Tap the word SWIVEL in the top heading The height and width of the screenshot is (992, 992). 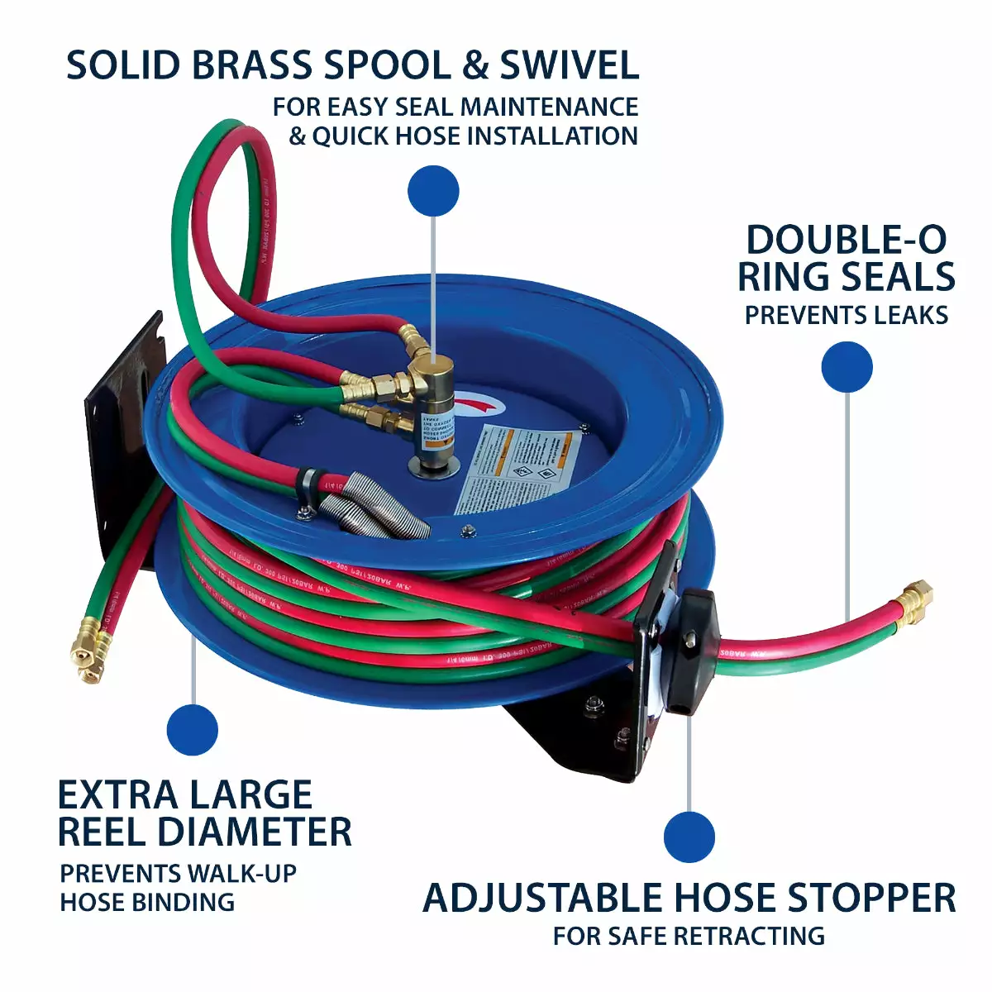click(x=570, y=65)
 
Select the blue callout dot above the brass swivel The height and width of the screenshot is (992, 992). click(x=433, y=191)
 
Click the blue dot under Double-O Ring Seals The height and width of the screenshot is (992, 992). click(x=847, y=367)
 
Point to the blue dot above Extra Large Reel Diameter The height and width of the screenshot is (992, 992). click(x=192, y=730)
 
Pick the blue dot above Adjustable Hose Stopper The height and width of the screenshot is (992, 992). click(x=689, y=837)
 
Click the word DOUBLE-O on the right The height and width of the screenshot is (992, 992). click(x=846, y=240)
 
